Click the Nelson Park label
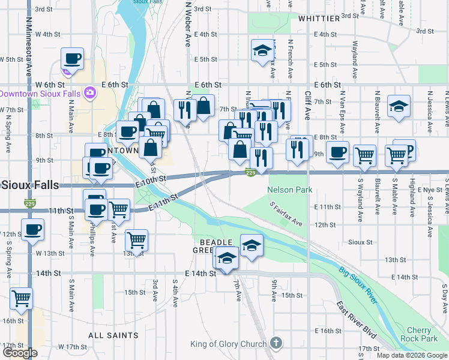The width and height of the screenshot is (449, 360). pyautogui.click(x=290, y=190)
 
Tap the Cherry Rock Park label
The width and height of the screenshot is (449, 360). pyautogui.click(x=419, y=335)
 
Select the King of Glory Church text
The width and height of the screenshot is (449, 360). pyautogui.click(x=228, y=344)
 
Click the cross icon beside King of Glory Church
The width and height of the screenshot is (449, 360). pyautogui.click(x=276, y=344)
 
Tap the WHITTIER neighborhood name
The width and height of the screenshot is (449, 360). pyautogui.click(x=319, y=19)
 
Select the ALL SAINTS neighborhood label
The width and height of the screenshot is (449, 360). pyautogui.click(x=113, y=335)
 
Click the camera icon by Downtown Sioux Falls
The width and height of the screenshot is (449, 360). pyautogui.click(x=90, y=93)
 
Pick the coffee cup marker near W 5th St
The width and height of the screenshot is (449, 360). pyautogui.click(x=72, y=58)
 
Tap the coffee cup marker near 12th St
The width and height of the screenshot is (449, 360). pyautogui.click(x=32, y=229)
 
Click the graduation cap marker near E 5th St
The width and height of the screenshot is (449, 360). pyautogui.click(x=262, y=51)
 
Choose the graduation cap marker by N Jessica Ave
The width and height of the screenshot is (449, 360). pyautogui.click(x=399, y=106)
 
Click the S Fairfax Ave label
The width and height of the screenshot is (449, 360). pyautogui.click(x=286, y=214)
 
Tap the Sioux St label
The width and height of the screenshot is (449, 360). pyautogui.click(x=360, y=242)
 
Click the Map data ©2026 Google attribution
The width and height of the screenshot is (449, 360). pyautogui.click(x=412, y=355)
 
